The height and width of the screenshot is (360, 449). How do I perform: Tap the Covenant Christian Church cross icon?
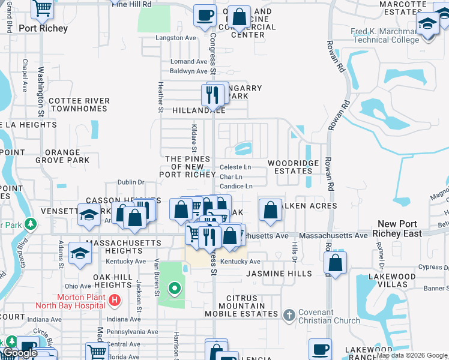(289, 314)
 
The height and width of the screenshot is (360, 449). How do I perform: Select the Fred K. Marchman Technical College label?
(385, 36)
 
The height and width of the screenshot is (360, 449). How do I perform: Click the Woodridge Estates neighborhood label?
(291, 167)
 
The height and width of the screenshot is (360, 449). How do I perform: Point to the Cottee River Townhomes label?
(79, 104)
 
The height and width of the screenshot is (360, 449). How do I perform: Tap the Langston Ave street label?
(176, 38)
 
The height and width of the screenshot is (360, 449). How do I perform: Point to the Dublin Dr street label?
(131, 182)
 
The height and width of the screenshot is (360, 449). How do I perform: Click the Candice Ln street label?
(236, 187)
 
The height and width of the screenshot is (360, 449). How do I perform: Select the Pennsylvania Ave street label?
(132, 332)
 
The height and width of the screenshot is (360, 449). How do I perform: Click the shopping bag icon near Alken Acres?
(271, 211)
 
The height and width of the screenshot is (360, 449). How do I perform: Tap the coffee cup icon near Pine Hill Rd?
(205, 14)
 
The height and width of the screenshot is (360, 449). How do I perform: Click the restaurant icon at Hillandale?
(212, 95)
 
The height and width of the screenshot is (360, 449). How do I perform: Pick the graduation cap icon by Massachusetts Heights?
(80, 253)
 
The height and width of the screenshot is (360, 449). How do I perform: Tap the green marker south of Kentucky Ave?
(175, 289)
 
